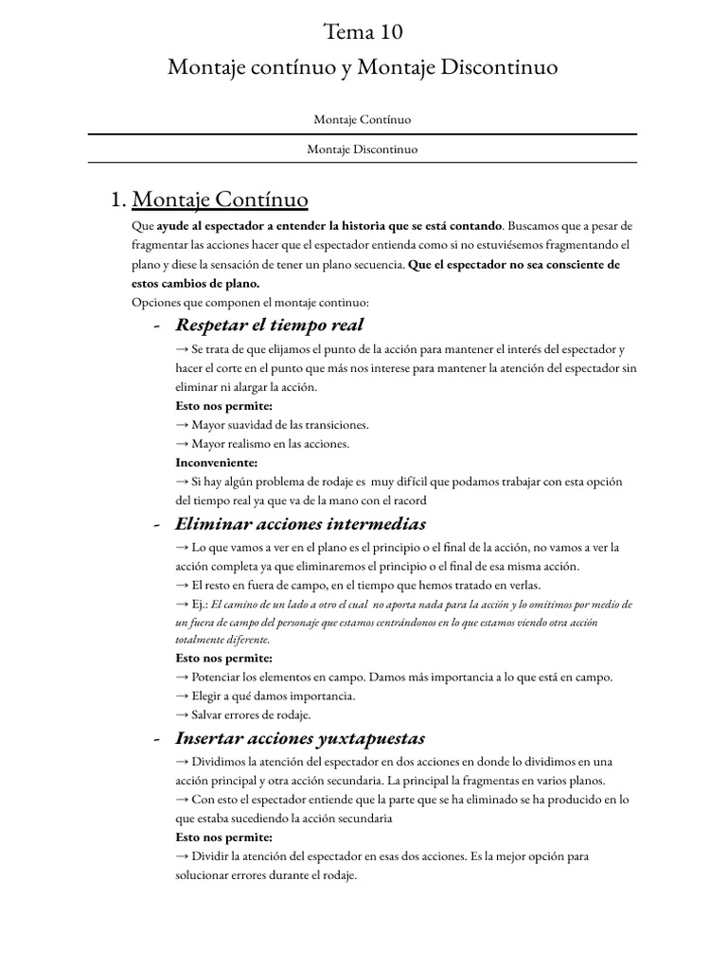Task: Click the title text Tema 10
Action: pos(363,32)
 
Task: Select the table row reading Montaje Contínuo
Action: pos(363,120)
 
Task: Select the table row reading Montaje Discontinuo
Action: pos(363,150)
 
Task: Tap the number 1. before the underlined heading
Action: pos(118,200)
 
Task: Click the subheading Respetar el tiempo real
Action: pos(269,326)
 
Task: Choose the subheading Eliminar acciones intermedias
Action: pos(300,523)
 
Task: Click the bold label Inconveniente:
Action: pos(216,463)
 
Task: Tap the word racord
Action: pos(407,501)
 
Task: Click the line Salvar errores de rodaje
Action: pos(251,714)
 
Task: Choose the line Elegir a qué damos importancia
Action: pos(260,696)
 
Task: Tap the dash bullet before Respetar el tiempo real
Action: pos(155,326)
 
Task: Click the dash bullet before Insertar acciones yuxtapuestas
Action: pos(155,739)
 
